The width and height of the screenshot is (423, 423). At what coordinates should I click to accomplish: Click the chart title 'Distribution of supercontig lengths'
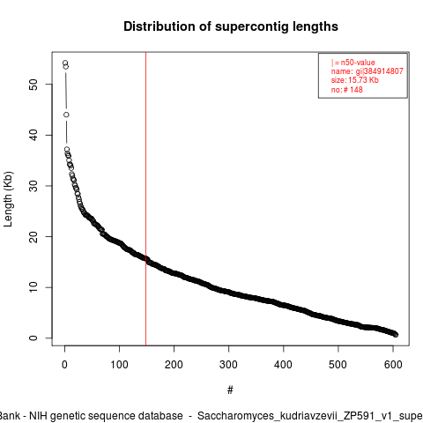coord(231,26)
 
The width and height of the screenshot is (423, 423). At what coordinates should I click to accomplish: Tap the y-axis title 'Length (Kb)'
coord(8,199)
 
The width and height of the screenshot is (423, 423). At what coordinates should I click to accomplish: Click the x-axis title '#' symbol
coord(230,390)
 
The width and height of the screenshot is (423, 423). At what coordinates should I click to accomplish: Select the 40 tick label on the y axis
coord(33,135)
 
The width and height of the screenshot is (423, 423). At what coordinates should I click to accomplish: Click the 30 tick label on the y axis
coord(33,186)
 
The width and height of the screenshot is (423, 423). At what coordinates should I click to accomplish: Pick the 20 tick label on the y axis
coord(33,237)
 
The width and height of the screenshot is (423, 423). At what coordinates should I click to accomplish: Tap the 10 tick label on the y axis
coord(33,287)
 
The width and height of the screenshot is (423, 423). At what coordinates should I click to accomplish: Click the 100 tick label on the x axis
coord(119,365)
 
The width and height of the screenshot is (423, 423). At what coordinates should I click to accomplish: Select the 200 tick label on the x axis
coord(174,365)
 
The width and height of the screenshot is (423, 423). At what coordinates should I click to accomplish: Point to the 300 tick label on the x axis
coord(228,365)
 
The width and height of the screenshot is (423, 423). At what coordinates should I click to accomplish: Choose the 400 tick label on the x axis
coord(283,365)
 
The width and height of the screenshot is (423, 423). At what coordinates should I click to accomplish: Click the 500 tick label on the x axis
coord(338,365)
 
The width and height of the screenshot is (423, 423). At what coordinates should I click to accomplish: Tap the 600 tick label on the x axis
coord(393,365)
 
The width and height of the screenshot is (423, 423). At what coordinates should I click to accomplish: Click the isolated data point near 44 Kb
coord(66,115)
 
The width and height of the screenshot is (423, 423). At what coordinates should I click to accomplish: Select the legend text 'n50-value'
coord(358,63)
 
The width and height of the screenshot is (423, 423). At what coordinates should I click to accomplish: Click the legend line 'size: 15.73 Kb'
coord(355,80)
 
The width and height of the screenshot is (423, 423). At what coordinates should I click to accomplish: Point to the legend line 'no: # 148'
coord(347,90)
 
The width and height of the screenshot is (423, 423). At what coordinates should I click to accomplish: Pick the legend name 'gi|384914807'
coord(380,71)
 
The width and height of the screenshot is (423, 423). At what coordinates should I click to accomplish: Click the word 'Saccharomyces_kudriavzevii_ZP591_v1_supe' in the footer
coord(310,416)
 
